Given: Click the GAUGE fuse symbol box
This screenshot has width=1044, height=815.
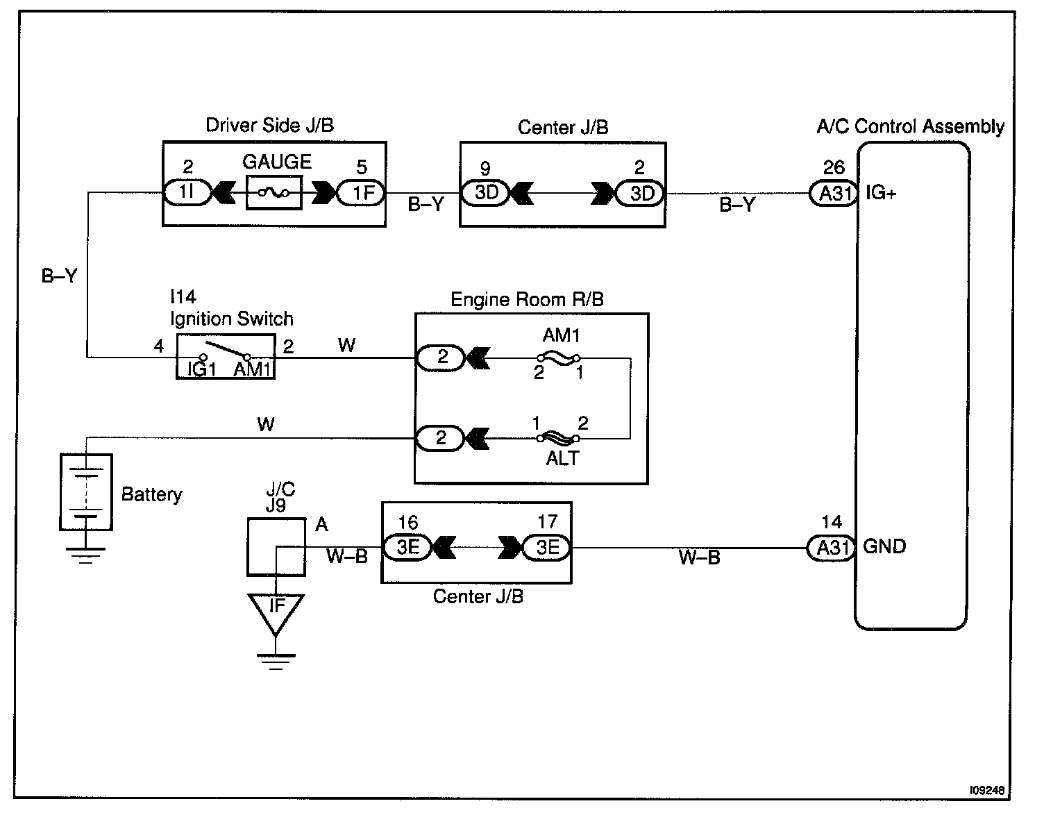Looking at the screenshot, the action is [x=274, y=192].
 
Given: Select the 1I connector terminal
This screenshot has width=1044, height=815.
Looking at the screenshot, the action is [x=187, y=192].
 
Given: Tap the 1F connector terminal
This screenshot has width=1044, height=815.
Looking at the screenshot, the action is [x=361, y=193].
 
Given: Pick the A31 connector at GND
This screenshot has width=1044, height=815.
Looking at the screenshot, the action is [x=831, y=548].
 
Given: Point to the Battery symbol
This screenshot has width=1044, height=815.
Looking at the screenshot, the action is [x=86, y=491].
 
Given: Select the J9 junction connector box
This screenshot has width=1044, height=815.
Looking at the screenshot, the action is [x=276, y=546].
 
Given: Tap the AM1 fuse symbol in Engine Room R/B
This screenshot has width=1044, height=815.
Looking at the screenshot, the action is [x=559, y=358].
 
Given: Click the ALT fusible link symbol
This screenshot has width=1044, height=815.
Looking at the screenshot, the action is [x=558, y=437].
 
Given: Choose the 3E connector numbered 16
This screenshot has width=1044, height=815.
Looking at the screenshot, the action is [x=408, y=547].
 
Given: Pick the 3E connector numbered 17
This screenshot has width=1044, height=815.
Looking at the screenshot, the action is [x=547, y=547].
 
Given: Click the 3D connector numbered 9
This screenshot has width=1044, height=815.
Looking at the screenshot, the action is [x=485, y=193].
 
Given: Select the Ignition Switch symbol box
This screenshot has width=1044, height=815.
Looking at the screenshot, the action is [x=226, y=357].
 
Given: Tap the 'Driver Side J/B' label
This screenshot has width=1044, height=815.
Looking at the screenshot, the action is [x=269, y=125].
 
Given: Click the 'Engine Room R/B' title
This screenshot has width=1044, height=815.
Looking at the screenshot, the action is [x=527, y=299].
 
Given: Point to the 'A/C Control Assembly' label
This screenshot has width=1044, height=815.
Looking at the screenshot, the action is [x=911, y=126].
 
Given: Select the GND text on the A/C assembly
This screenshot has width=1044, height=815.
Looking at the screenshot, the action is [x=884, y=546].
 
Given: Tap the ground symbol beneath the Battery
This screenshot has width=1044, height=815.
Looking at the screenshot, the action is [x=85, y=555].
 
